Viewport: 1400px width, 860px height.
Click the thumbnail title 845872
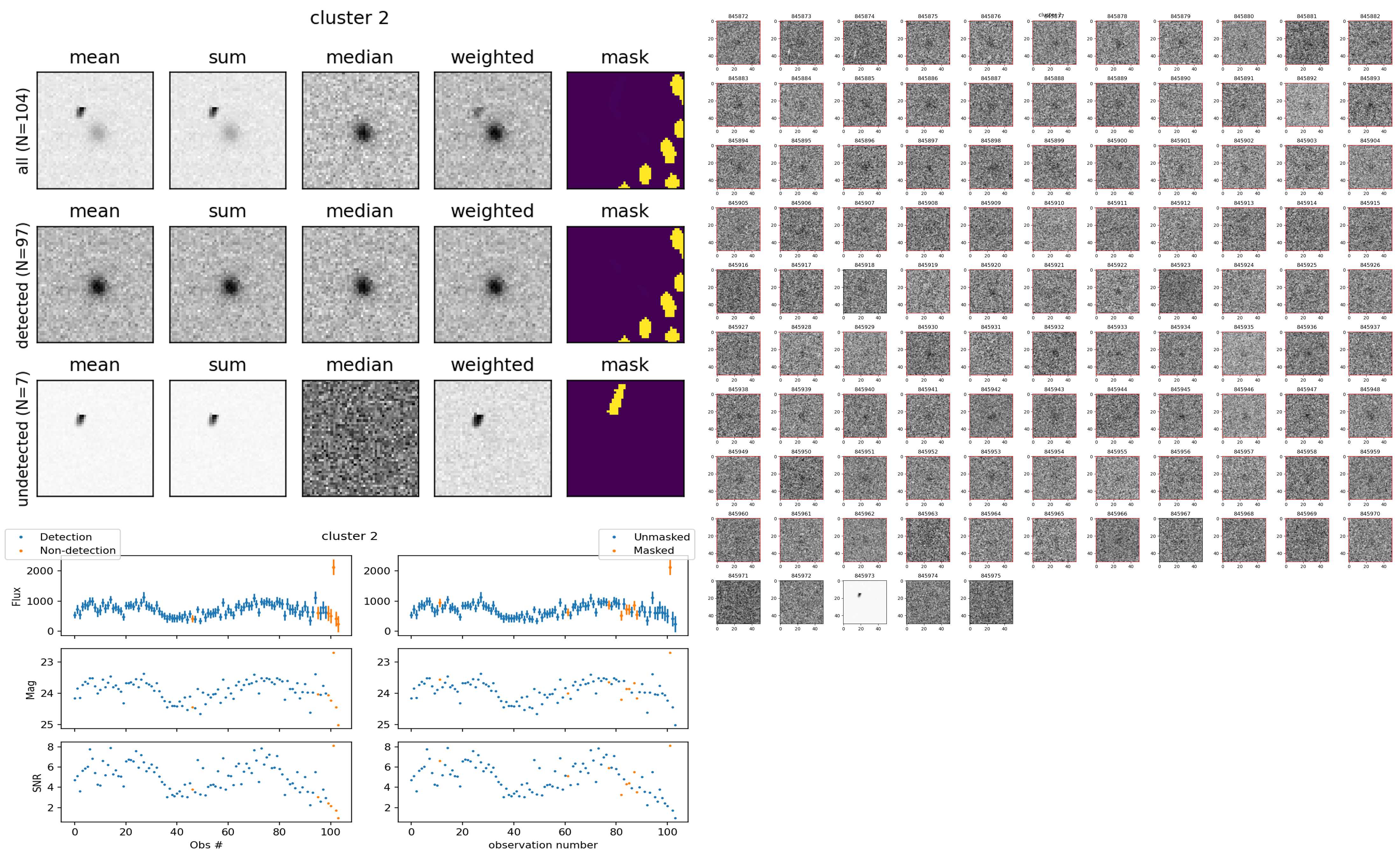point(738,17)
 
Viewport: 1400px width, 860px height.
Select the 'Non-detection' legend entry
point(77,550)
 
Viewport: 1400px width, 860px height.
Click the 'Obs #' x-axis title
point(206,845)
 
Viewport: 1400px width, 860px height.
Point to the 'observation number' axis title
point(543,845)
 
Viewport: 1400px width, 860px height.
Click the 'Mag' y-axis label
point(31,689)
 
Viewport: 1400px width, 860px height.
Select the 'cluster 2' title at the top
point(349,18)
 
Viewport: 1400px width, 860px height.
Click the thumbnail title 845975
point(990,576)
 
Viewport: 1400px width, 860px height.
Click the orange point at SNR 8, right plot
point(670,746)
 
